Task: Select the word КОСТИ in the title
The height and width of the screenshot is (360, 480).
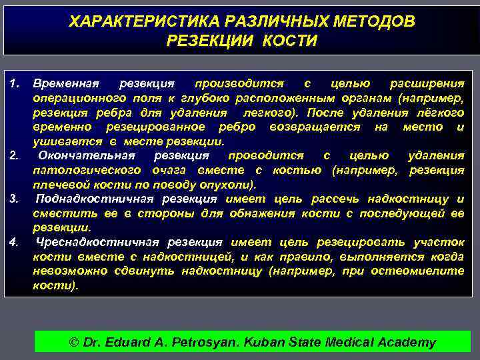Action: click(x=289, y=41)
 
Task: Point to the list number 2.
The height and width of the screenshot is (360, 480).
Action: click(x=16, y=156)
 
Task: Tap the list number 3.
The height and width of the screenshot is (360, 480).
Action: click(x=16, y=199)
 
